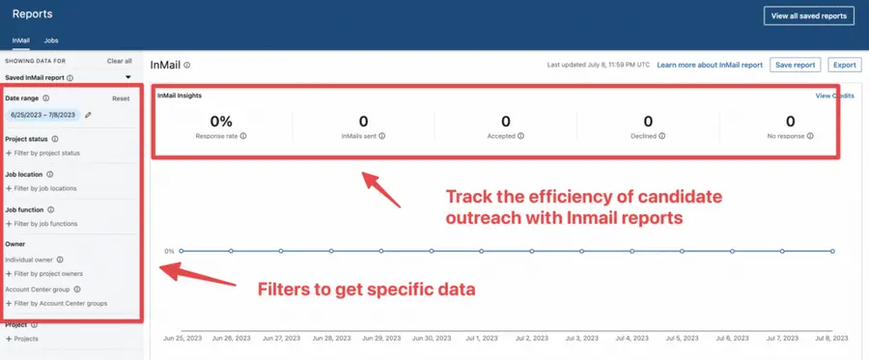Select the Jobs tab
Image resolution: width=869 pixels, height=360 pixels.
(51, 41)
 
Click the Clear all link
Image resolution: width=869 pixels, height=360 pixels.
(119, 61)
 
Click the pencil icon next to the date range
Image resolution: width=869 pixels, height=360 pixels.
(88, 115)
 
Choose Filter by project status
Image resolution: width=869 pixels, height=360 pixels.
(44, 152)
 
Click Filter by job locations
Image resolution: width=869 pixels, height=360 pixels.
(42, 188)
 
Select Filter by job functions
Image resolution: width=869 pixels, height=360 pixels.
(42, 223)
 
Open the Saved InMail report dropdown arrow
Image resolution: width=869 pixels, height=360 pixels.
(127, 76)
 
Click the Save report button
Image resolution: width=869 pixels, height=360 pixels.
(796, 65)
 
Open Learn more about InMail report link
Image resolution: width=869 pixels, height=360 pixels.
(710, 65)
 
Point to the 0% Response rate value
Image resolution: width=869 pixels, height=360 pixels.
(221, 122)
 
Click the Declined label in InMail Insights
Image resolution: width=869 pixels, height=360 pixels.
(644, 136)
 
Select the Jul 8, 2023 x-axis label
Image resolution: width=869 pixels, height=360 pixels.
(831, 339)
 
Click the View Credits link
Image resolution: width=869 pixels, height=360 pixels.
(834, 97)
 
